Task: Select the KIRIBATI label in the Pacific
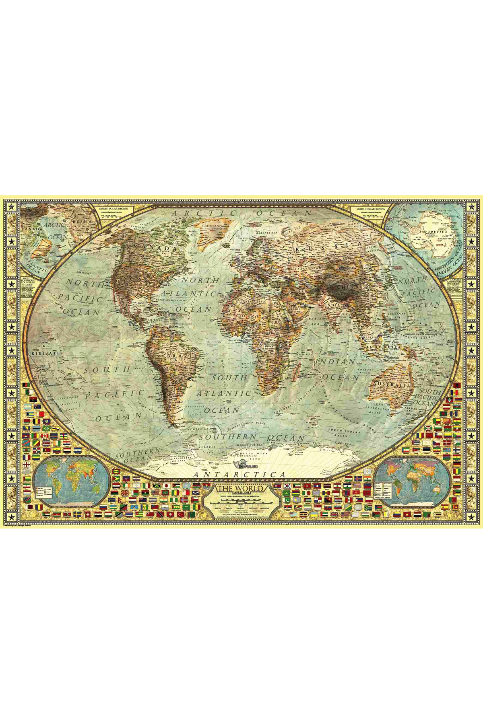pyautogui.click(x=45, y=353)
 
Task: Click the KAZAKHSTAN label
pyautogui.click(x=308, y=267)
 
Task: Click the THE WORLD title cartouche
pyautogui.click(x=240, y=489)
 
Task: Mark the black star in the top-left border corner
pyautogui.click(x=10, y=207)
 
